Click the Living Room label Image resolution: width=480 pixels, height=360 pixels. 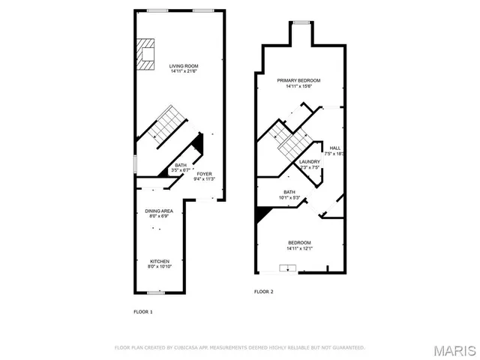click(x=182, y=66)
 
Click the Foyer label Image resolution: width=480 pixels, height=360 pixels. click(x=205, y=174)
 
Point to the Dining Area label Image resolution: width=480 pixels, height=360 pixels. click(x=159, y=211)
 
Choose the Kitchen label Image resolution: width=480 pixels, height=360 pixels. click(x=159, y=262)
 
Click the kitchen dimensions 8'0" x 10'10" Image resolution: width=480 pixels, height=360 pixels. click(x=159, y=267)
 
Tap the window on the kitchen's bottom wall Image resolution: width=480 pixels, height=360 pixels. click(x=156, y=292)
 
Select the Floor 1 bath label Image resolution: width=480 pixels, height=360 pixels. click(x=181, y=166)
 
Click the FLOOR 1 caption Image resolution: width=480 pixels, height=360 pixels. click(x=143, y=310)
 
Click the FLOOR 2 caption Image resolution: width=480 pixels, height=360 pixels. click(x=263, y=291)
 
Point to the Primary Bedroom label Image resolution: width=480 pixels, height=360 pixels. click(x=298, y=80)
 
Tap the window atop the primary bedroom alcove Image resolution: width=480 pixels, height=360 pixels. click(x=301, y=23)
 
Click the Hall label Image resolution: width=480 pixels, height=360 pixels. click(x=335, y=148)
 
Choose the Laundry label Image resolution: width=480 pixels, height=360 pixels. click(x=310, y=162)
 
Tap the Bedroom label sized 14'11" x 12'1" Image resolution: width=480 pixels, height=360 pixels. click(x=300, y=242)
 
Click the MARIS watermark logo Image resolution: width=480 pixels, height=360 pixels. click(x=454, y=351)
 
